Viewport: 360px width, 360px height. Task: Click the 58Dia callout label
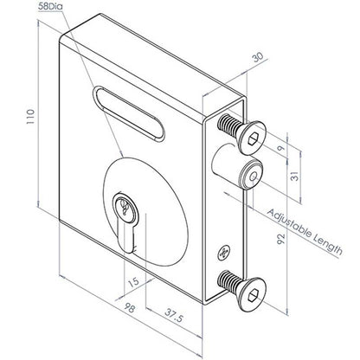(x=50, y=6)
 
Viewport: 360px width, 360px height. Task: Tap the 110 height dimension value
(x=30, y=117)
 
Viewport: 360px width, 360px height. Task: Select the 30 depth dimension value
(x=258, y=58)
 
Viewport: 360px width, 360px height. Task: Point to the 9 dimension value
(x=280, y=149)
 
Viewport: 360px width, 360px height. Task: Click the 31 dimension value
(x=295, y=176)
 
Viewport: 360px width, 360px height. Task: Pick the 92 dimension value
(x=280, y=239)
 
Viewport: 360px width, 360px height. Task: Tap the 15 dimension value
(x=133, y=282)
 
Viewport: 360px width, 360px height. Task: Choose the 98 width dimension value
(x=130, y=308)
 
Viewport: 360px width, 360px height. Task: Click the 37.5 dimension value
(x=174, y=315)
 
